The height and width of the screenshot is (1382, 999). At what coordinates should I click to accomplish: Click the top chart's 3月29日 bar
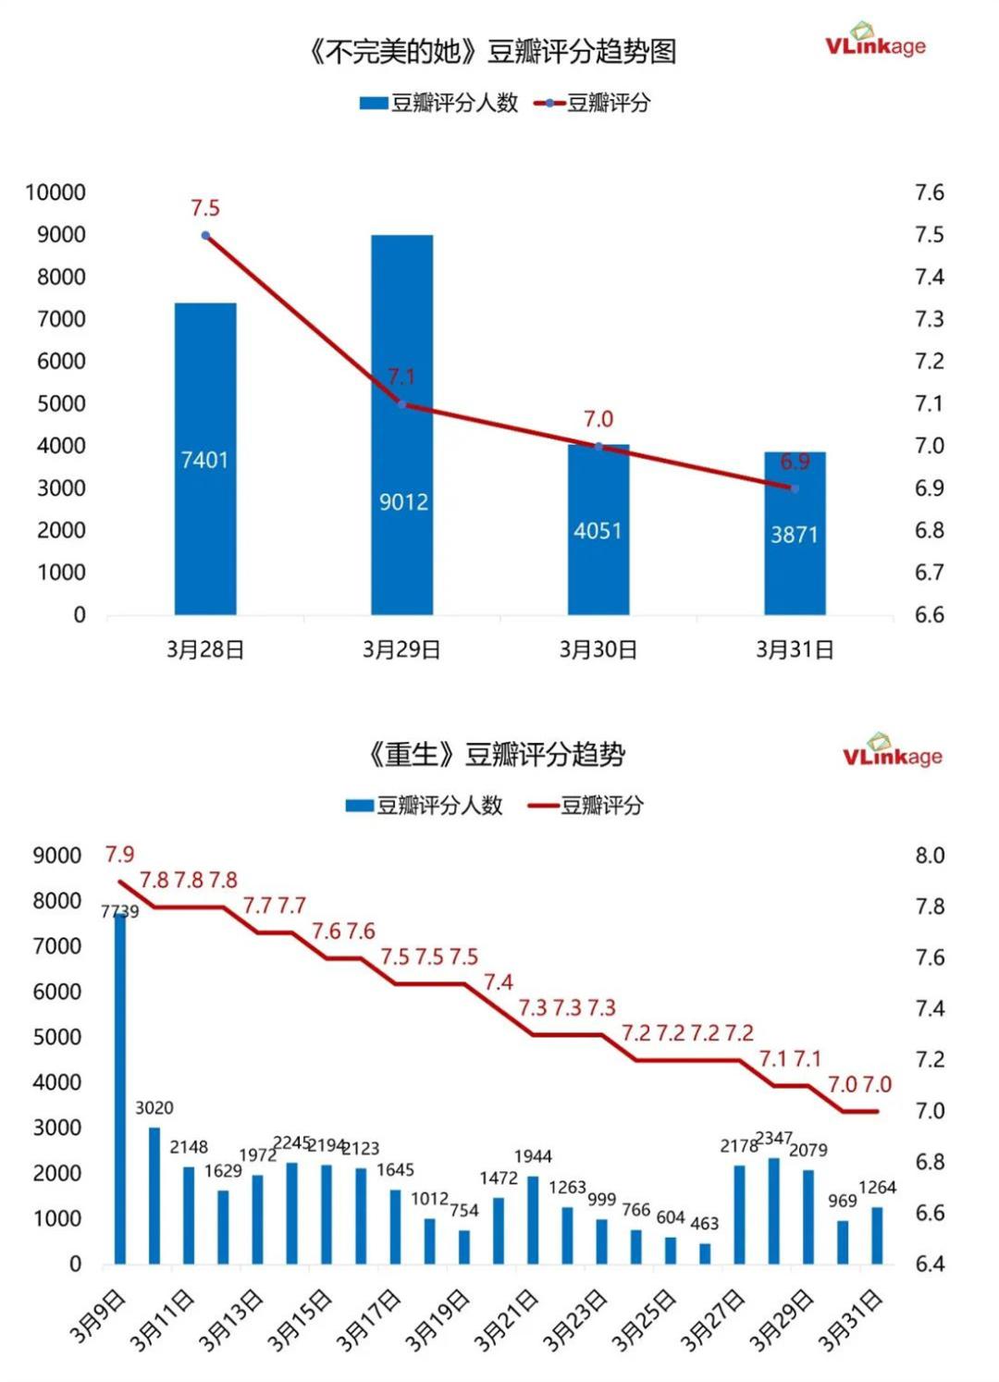401,425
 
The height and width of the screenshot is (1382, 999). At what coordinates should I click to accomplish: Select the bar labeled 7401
204,459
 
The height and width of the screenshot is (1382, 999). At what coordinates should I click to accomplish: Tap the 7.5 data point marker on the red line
205,236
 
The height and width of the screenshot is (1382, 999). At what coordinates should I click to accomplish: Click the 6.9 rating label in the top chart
795,462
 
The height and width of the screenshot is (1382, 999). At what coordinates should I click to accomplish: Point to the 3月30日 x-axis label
598,650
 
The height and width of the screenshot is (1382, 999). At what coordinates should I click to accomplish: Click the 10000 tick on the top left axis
55,192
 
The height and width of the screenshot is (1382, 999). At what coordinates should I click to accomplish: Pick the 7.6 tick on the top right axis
929,192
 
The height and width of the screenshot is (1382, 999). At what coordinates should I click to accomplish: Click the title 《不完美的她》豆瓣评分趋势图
491,52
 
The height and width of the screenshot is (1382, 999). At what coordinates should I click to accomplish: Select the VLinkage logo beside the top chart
874,42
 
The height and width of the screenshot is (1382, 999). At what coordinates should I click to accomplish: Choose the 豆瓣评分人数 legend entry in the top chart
439,103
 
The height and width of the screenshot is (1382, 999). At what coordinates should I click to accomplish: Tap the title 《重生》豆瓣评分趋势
496,755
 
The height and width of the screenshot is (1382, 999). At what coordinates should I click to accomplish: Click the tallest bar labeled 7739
120,1088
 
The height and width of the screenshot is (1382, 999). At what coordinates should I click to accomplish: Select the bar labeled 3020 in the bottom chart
154,1195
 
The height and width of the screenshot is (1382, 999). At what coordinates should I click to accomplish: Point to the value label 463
704,1223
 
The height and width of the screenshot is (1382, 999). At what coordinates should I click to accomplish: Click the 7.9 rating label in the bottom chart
119,855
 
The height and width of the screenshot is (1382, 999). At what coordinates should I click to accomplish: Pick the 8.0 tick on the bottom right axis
930,856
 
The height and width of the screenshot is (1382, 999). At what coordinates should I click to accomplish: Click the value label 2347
773,1137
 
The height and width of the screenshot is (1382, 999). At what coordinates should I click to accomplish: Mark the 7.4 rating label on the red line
498,982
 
